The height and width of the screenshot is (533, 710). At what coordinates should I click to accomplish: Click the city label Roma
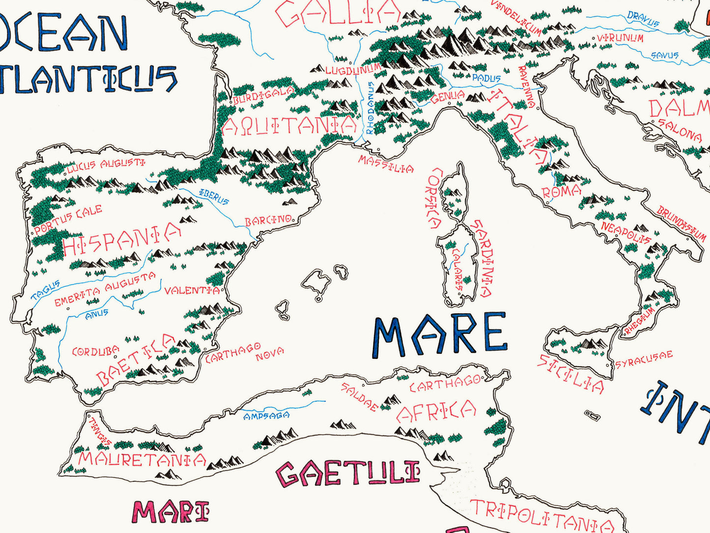[562, 192]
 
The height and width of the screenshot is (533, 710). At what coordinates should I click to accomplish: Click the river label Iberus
[214, 196]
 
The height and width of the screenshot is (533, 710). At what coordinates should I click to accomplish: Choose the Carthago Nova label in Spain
[244, 352]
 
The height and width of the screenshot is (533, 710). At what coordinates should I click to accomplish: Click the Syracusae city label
[644, 359]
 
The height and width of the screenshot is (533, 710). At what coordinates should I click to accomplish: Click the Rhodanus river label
[369, 108]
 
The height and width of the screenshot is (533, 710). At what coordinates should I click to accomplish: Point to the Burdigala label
[263, 95]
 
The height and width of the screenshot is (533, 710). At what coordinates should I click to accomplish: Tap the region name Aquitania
[289, 126]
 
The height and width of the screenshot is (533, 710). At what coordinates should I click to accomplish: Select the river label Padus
[486, 78]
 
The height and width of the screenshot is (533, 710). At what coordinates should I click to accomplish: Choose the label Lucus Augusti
[106, 166]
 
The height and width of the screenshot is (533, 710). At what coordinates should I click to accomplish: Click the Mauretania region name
[142, 459]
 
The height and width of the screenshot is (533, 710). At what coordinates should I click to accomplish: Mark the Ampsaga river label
[266, 416]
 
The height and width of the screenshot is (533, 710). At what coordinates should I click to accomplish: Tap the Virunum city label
[620, 38]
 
